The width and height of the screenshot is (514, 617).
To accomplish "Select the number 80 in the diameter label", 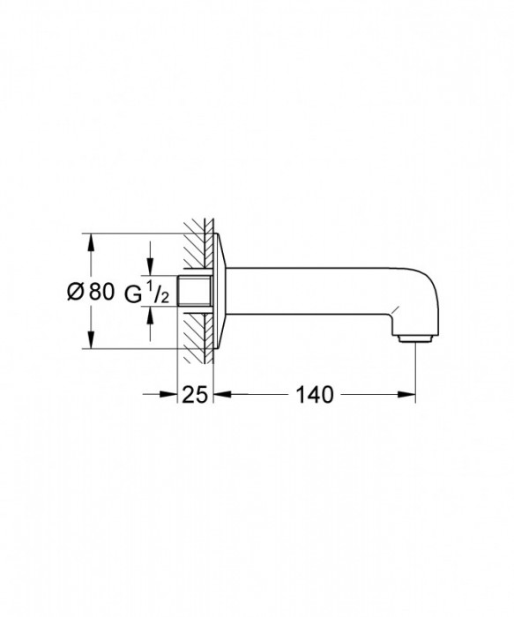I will [101, 292].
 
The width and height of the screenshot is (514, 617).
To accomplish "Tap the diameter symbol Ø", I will [76, 292].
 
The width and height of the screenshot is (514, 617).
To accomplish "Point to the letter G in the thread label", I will [134, 292].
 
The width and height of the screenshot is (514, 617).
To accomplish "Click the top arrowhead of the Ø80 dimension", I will [89, 240].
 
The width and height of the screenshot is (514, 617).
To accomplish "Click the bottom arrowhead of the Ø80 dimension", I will [89, 342].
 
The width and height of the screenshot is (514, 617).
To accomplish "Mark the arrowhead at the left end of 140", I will [218, 394].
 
